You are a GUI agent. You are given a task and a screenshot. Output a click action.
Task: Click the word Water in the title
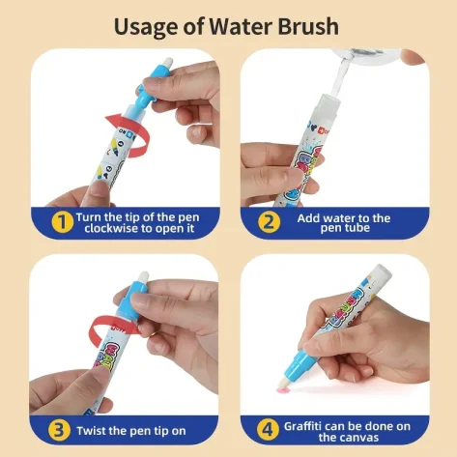(242, 26)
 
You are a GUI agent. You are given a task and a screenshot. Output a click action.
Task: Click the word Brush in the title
(308, 26)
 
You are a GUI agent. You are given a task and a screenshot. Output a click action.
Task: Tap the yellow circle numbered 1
(62, 222)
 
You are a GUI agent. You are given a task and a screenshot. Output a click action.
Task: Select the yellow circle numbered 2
(269, 222)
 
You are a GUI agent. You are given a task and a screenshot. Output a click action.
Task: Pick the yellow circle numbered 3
(59, 430)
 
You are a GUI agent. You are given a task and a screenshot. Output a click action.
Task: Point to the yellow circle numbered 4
(268, 430)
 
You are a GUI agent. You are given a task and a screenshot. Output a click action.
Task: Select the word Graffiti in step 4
(302, 426)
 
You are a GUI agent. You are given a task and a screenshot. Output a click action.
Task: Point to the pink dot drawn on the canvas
(282, 390)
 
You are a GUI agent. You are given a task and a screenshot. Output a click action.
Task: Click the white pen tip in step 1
(167, 62)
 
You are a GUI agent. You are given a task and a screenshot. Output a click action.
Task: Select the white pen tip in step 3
(143, 277)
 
